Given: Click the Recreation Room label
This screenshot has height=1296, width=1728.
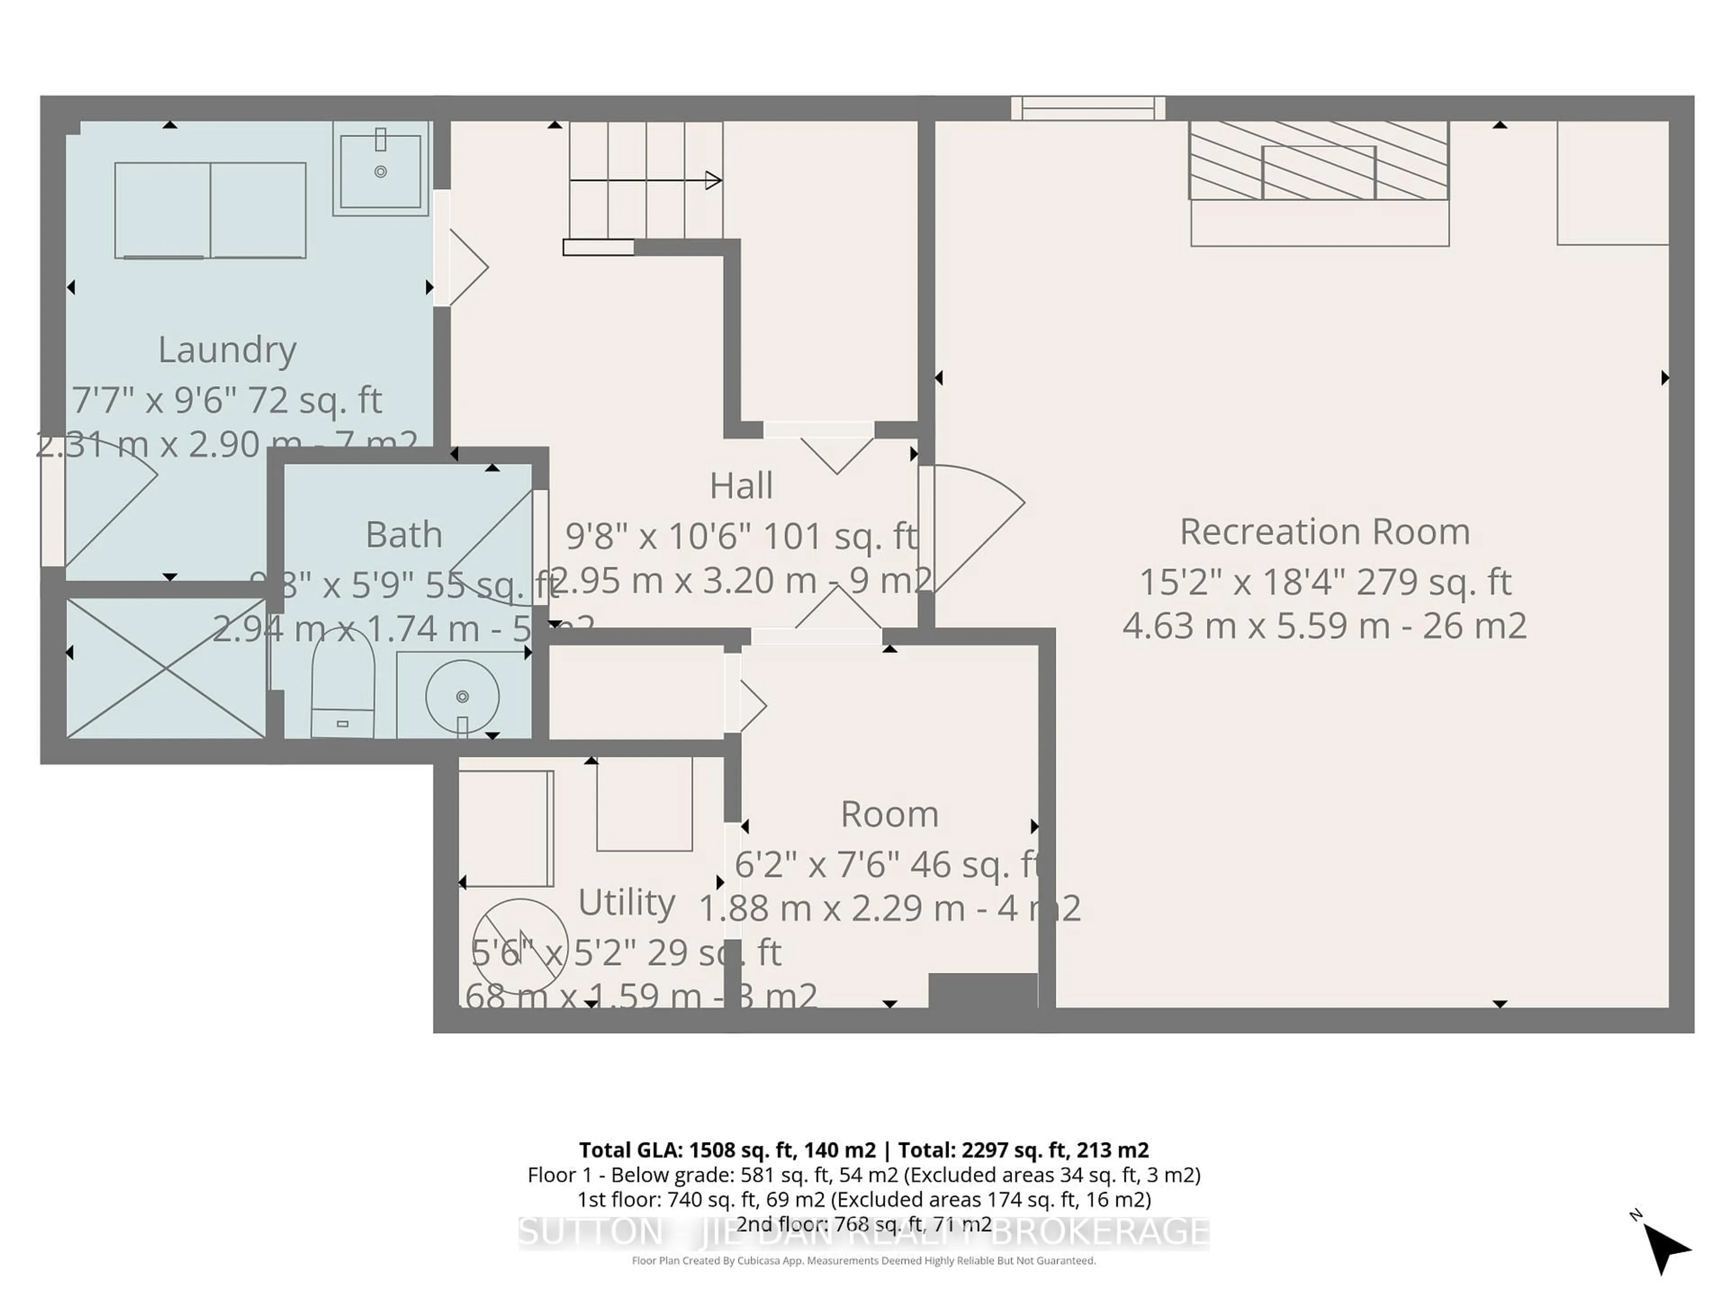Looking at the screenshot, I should coord(1324,532).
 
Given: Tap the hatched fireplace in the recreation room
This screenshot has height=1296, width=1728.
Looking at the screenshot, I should coord(1318,161).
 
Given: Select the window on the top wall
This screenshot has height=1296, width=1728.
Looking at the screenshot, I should coord(1087,108).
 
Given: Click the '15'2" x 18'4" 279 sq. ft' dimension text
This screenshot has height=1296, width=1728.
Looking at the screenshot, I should coord(1324,582).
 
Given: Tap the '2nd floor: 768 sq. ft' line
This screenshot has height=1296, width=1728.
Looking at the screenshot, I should coord(863,1224).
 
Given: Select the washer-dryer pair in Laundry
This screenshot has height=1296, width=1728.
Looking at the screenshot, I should coord(210,210).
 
